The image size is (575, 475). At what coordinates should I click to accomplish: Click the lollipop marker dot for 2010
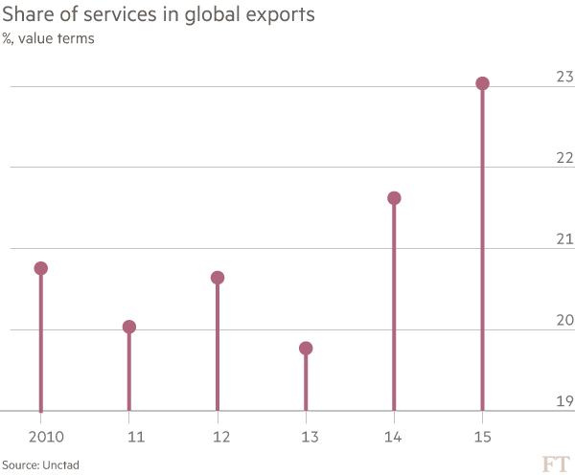click(x=40, y=268)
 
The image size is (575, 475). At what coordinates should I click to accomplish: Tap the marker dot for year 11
click(x=129, y=327)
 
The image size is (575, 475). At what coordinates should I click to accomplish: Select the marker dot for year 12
click(x=218, y=278)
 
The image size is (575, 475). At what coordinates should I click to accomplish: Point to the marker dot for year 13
click(x=306, y=349)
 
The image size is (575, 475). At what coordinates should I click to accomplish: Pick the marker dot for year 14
click(x=394, y=198)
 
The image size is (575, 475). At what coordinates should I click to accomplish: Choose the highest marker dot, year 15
click(x=482, y=83)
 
